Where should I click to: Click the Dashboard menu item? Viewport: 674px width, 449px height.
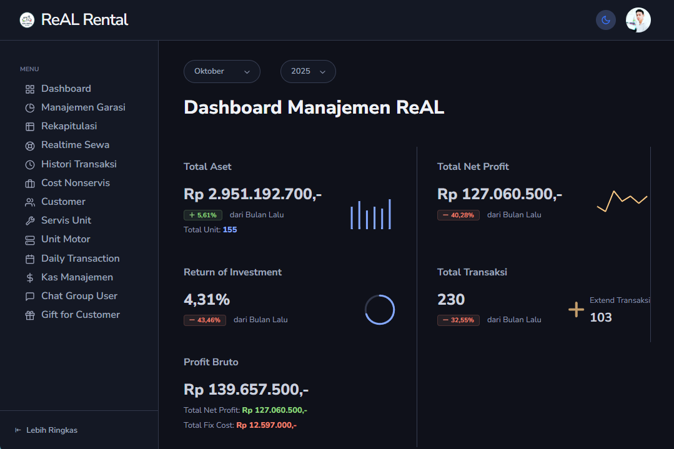[x=66, y=89]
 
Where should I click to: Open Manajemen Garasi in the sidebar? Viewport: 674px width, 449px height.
[x=82, y=107]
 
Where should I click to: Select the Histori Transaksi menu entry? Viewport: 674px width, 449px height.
[x=79, y=164]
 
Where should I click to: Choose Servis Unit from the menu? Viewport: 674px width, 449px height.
[x=66, y=220]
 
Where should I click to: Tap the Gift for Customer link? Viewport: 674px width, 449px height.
[x=80, y=315]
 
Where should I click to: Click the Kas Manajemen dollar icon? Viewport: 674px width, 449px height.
[x=30, y=278]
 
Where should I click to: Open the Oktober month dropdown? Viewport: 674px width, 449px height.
[x=222, y=72]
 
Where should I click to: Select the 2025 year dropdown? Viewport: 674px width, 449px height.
[x=308, y=72]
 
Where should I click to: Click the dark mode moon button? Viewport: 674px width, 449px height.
[x=605, y=20]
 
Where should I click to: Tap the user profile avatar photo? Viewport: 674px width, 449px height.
[x=638, y=20]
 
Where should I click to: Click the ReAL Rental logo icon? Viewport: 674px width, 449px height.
[x=27, y=20]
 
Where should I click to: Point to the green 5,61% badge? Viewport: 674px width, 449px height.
[x=203, y=215]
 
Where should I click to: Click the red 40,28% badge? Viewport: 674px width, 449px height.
[x=458, y=215]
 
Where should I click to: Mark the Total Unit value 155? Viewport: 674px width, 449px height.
[x=230, y=230]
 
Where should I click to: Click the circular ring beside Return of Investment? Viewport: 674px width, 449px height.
[x=380, y=310]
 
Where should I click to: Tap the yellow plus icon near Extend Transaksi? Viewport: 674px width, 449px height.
[x=576, y=309]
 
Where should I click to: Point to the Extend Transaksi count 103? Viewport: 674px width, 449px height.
[x=601, y=317]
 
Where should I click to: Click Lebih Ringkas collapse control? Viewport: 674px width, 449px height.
[x=46, y=430]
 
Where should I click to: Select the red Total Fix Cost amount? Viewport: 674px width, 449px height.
[x=266, y=425]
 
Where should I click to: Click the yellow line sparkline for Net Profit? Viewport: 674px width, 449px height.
[x=622, y=200]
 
